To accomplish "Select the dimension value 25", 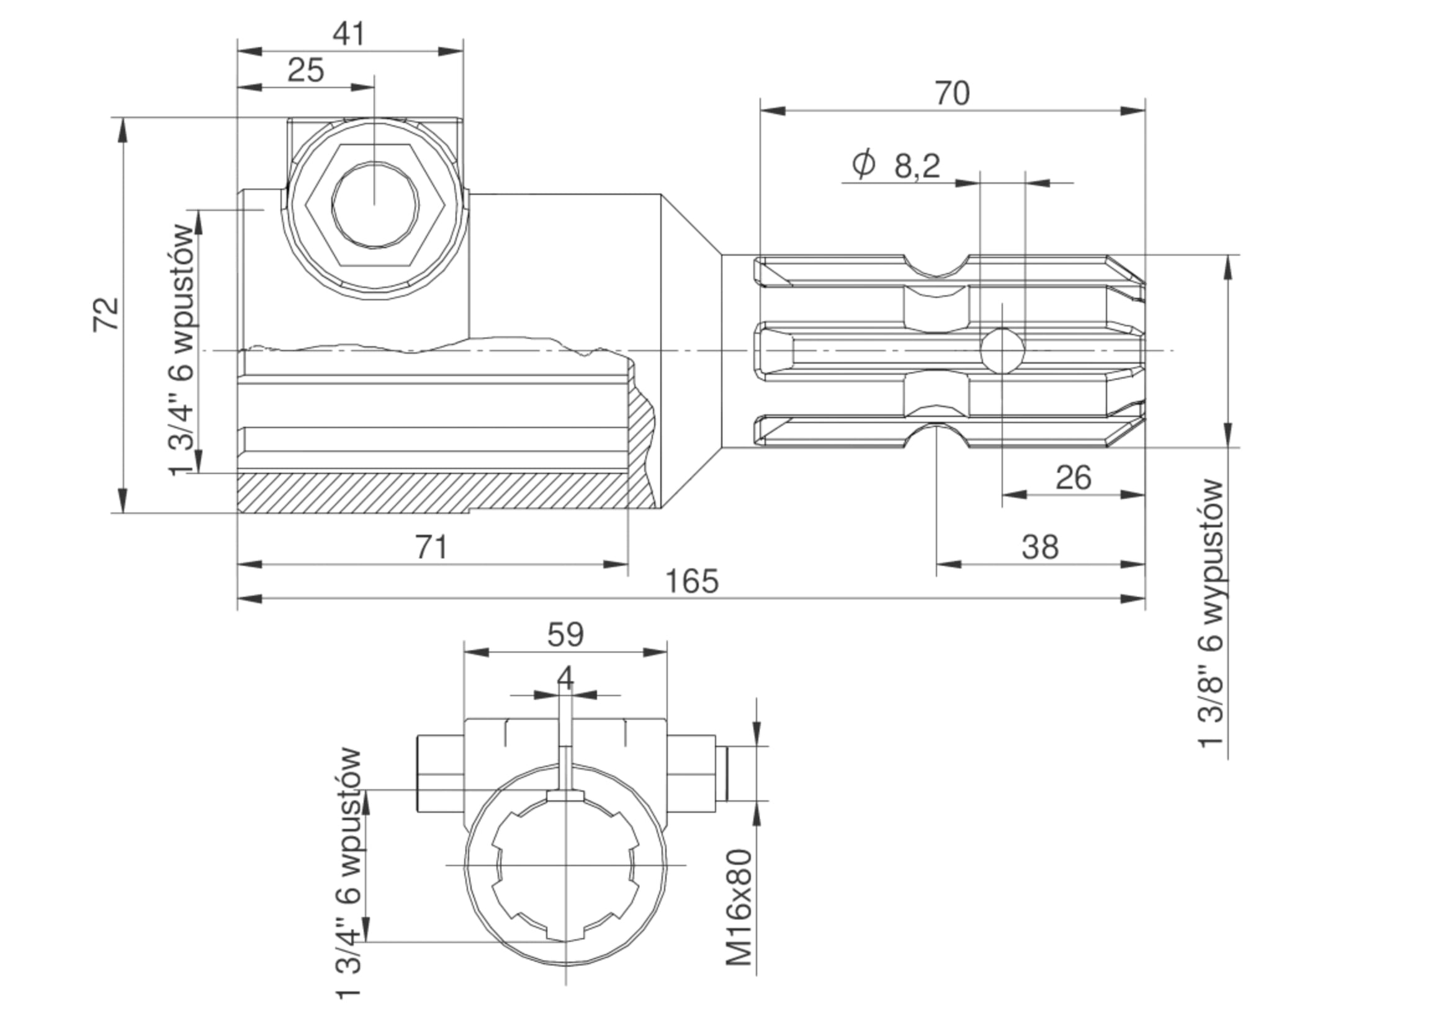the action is coord(305,70).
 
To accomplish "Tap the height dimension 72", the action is coord(106,313).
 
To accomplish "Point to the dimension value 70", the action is coord(951,93).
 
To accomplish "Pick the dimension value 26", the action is coord(1073,478).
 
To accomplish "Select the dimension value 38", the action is coord(1040,547).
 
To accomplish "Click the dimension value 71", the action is coord(431,547).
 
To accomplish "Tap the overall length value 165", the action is coord(691,581).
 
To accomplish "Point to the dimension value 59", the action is coord(565,635).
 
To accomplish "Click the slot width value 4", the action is coord(565,678).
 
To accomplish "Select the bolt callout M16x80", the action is coord(739,907).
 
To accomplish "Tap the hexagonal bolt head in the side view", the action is coord(375,205).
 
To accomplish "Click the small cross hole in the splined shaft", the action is coord(1002,350).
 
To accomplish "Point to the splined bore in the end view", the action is coord(565,873).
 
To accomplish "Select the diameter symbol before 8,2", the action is coord(863,163).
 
